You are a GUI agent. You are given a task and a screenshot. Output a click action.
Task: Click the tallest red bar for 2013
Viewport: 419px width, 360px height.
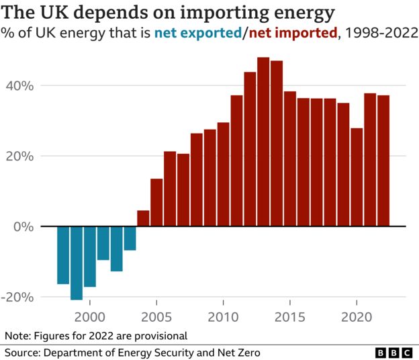click(x=263, y=142)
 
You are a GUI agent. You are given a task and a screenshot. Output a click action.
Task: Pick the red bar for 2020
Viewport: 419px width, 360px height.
click(x=357, y=177)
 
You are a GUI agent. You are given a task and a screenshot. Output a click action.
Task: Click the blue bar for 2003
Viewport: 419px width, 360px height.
click(x=130, y=238)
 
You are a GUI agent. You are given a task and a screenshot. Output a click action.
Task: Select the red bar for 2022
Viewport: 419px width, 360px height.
click(x=383, y=161)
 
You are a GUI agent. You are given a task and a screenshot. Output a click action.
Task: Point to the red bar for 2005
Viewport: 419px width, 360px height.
click(x=156, y=202)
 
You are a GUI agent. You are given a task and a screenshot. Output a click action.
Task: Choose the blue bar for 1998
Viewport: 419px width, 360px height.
click(x=63, y=255)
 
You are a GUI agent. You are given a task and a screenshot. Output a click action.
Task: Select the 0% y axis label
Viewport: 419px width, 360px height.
click(x=24, y=226)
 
